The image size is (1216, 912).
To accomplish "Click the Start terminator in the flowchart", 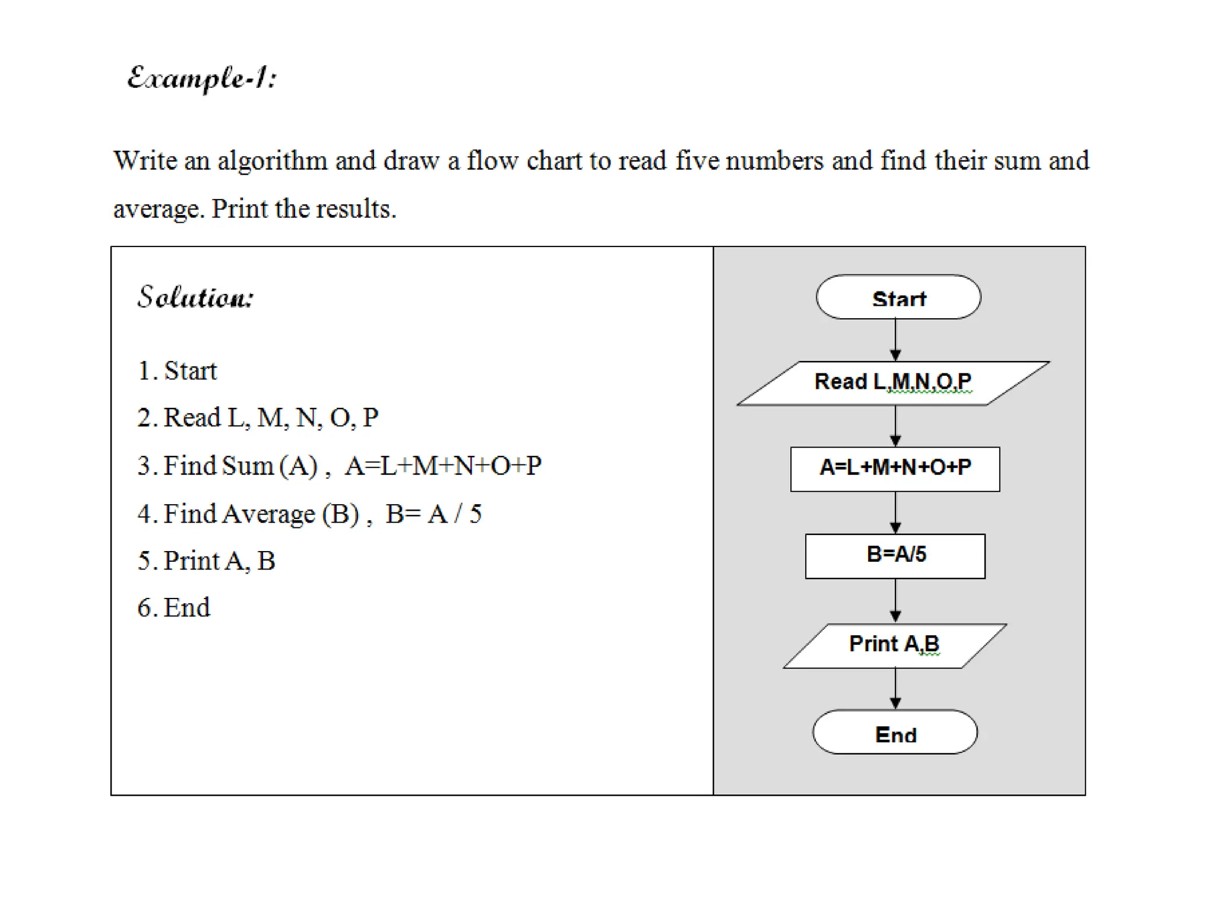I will (898, 297).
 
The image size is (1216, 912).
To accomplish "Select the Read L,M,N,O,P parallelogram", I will (893, 383).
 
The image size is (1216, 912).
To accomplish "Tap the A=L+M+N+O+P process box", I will (895, 469).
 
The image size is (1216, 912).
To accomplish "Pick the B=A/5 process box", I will (895, 556).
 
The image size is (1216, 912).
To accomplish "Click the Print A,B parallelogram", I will (894, 645).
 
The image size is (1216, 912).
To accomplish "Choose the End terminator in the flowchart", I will (895, 732).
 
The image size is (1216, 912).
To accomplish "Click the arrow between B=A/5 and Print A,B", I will (895, 601).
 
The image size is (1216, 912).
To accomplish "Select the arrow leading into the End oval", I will (895, 689).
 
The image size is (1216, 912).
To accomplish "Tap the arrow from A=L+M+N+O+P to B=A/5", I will (895, 512).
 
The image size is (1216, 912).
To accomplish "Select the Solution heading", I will (195, 297).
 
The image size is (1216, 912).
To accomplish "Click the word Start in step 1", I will (191, 371).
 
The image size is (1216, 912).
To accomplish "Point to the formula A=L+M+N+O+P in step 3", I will (443, 466).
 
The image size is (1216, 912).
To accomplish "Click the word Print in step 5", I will (191, 561).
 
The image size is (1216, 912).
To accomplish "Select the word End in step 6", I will (186, 608).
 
